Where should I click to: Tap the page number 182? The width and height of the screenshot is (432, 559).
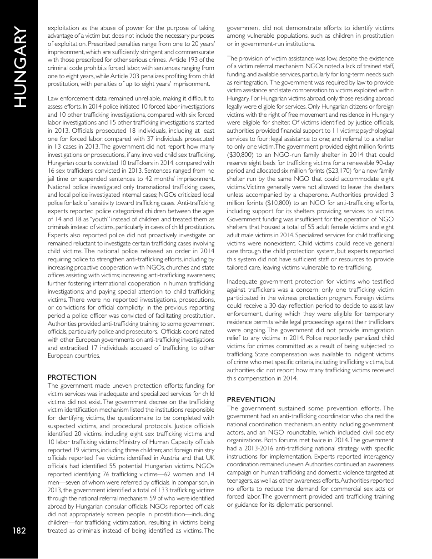click(x=20, y=530)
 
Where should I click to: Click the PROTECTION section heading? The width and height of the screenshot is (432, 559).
click(x=72, y=377)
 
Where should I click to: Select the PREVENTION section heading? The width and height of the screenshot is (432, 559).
click(x=251, y=399)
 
